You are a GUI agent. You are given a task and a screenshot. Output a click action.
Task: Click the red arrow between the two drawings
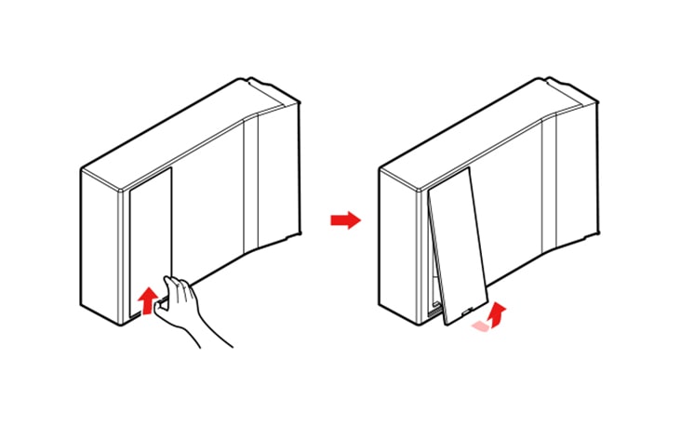click(x=345, y=220)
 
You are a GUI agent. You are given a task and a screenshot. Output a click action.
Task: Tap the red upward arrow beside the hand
click(x=145, y=300)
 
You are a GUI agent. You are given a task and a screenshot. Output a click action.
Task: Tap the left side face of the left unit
click(x=100, y=246)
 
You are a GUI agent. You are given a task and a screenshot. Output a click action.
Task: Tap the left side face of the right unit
click(x=398, y=246)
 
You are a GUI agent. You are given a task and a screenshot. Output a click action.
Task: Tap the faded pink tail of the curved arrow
click(x=479, y=325)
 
